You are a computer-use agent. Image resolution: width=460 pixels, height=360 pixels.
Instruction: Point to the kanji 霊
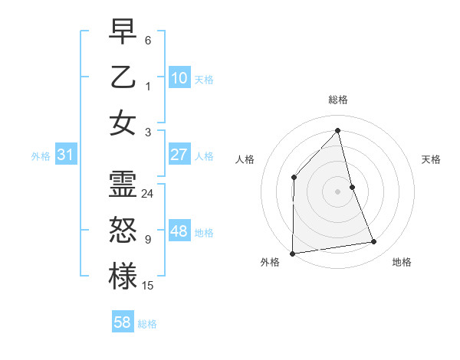(123, 185)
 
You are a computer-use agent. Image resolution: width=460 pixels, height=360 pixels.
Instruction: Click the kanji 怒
(123, 231)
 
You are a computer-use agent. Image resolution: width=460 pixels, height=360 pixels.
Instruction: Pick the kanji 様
(123, 277)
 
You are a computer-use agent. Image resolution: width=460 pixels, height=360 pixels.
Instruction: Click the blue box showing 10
(179, 78)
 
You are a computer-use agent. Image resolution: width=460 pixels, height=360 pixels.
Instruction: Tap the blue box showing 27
(179, 155)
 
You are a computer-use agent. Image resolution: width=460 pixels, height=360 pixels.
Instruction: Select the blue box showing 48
(179, 231)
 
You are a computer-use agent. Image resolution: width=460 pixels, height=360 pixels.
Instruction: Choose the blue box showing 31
(66, 155)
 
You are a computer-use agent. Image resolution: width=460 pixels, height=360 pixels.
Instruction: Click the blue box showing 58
(123, 322)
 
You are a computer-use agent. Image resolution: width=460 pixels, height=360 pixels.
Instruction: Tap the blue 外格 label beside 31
(41, 156)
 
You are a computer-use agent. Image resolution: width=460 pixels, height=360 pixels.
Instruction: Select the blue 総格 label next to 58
(147, 324)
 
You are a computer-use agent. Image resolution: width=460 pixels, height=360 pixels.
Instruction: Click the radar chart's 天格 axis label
(431, 159)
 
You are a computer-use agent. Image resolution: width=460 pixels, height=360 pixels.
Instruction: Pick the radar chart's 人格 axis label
(245, 159)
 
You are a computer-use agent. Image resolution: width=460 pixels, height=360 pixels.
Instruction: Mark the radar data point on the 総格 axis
(337, 130)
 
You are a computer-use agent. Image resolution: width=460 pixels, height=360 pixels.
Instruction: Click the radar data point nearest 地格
(374, 242)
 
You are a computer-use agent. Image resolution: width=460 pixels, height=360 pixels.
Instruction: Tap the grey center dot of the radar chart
(337, 191)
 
